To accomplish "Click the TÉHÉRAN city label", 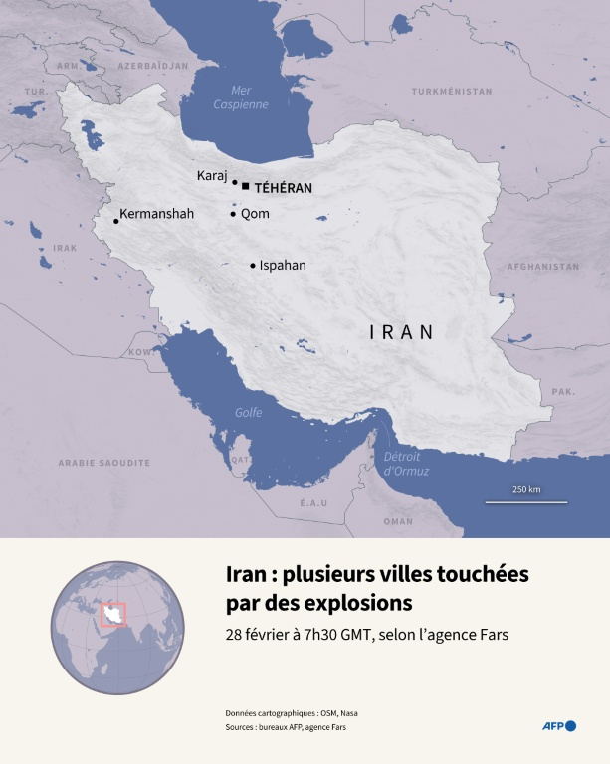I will click(x=284, y=187).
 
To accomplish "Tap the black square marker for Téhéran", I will click(x=245, y=185).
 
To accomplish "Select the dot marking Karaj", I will click(x=235, y=182).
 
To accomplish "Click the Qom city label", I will click(x=255, y=214).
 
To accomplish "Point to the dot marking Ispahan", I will click(x=253, y=266).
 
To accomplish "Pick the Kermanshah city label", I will click(x=156, y=214).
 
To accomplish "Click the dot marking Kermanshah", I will click(x=116, y=221).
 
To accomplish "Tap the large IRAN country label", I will click(x=402, y=332).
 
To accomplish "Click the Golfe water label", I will click(x=248, y=413).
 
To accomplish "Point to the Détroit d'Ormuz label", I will click(x=406, y=464).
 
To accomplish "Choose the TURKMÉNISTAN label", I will click(x=452, y=92).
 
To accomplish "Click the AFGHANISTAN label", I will click(x=542, y=267).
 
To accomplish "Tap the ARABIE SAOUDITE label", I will click(x=103, y=463).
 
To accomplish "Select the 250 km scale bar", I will click(x=525, y=501).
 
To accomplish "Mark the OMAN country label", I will click(x=398, y=521).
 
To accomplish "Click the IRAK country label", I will click(x=65, y=248).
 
